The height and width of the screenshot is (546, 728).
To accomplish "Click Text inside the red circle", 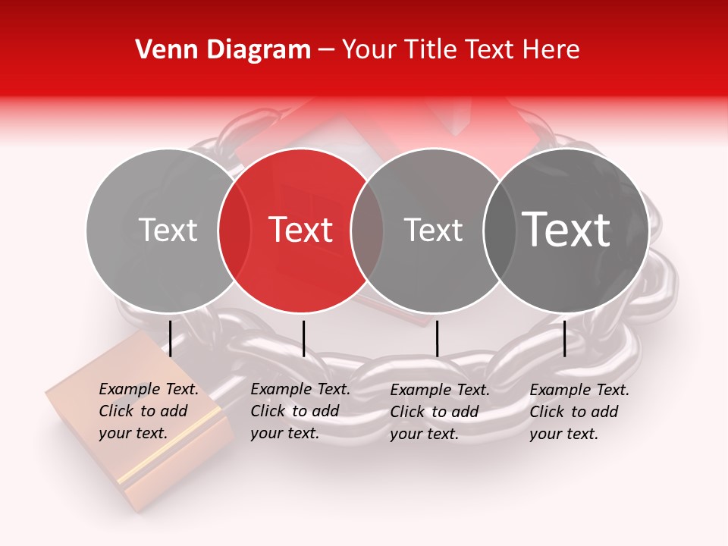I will (301, 230).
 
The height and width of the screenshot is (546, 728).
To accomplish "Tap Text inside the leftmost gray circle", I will (168, 230).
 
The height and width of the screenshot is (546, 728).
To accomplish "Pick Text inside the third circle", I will (433, 230).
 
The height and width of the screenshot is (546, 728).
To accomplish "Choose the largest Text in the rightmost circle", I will (566, 230).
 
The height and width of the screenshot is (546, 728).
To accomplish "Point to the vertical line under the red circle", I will (303, 338).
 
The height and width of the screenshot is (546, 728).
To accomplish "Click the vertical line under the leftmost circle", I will (171, 338).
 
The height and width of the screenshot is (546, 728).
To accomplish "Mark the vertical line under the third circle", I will (437, 338).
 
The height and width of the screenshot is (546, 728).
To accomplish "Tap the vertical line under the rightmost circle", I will (564, 338).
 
